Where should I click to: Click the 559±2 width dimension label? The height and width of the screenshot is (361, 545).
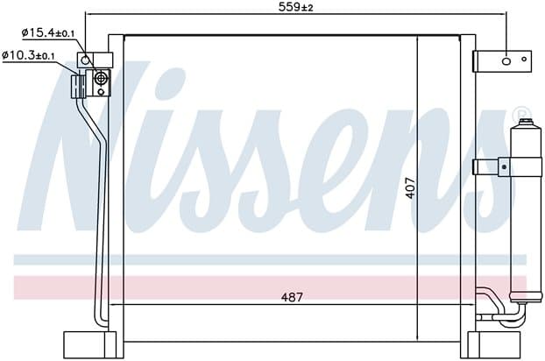click(295, 7)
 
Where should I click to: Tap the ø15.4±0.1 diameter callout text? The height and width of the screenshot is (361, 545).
click(48, 33)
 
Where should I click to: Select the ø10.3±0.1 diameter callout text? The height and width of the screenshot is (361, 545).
click(28, 55)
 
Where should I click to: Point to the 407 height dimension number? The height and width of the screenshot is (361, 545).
click(410, 188)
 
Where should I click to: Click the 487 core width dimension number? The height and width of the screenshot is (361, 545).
click(292, 297)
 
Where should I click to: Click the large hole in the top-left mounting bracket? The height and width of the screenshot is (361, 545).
click(85, 61)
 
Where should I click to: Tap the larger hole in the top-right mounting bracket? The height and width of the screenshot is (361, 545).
click(506, 61)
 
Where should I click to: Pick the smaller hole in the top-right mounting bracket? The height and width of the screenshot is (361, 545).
click(524, 59)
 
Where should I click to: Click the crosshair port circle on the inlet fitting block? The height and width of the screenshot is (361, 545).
click(101, 79)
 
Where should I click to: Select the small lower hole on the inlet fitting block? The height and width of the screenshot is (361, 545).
click(101, 92)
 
